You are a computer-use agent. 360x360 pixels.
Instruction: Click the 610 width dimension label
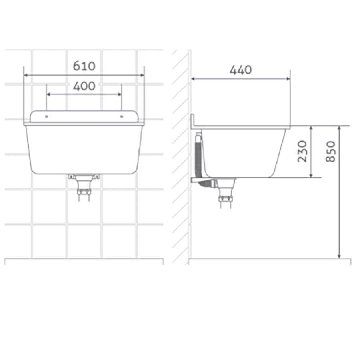84,66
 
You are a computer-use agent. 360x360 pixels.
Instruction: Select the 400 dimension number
84,86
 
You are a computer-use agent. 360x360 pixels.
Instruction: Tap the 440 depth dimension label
241,70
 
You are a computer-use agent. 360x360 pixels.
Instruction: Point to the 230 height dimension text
302,151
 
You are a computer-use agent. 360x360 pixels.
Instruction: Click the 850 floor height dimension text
331,151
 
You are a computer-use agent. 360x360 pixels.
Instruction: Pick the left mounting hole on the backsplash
46,117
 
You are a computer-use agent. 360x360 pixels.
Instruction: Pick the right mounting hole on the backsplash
122,117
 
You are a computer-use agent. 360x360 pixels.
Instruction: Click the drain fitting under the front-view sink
84,185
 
